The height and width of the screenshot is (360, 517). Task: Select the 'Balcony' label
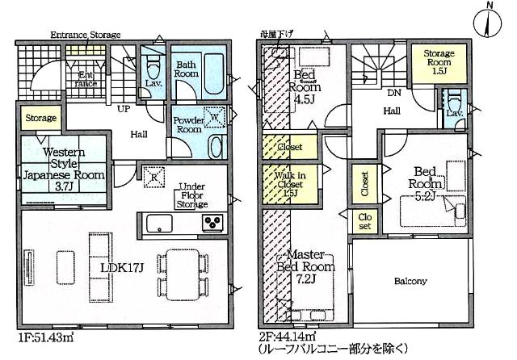pyautogui.click(x=411, y=282)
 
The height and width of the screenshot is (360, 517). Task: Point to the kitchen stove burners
pyautogui.click(x=213, y=223)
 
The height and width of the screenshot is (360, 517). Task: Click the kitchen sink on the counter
pyautogui.click(x=158, y=223)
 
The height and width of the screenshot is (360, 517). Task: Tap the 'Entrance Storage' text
pyautogui.click(x=85, y=36)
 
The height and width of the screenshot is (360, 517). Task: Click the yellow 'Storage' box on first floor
pyautogui.click(x=40, y=119)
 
